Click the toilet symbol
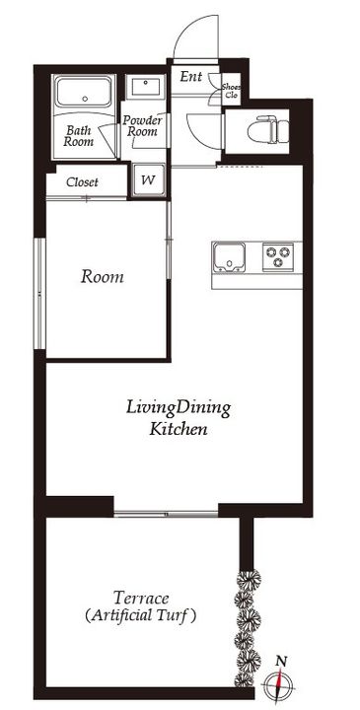268,128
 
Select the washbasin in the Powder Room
146,87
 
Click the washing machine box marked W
149,179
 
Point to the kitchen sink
229,257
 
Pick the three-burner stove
278,256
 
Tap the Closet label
82,182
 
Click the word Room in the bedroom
102,277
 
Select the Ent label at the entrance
190,77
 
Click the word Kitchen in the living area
179,429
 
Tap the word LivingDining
178,409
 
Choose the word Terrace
141,599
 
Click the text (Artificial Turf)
141,616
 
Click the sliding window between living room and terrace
166,514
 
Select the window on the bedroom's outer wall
40,294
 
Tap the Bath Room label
78,136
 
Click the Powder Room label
142,126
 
